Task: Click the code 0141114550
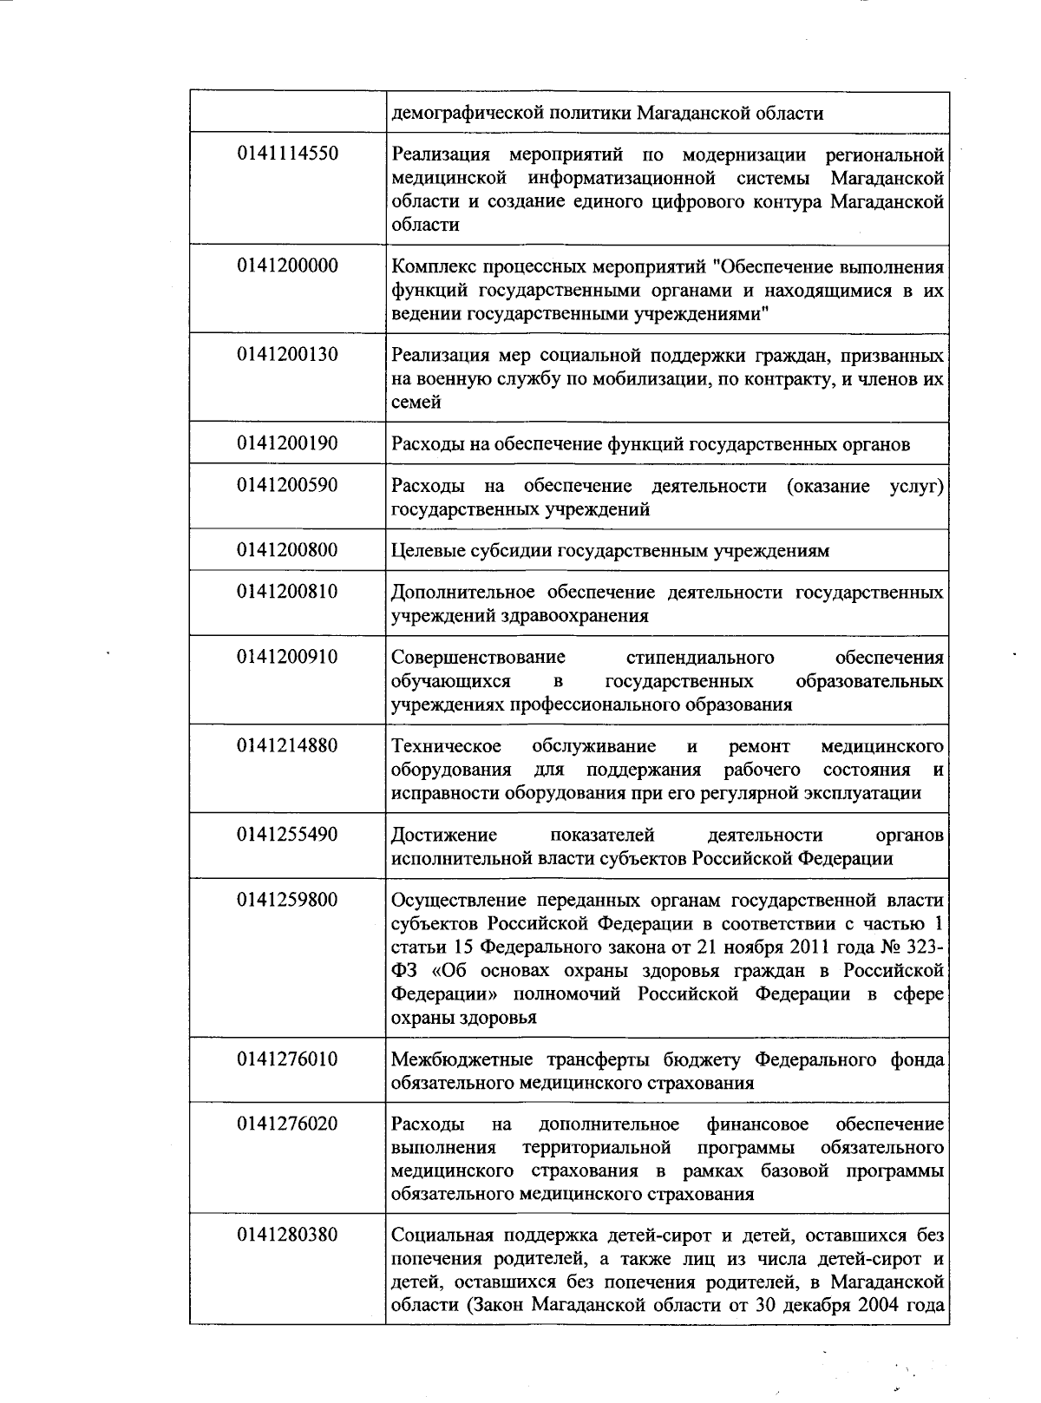pos(287,154)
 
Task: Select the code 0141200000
pos(287,266)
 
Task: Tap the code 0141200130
pos(287,355)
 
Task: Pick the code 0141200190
pos(287,443)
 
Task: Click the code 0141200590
pos(287,485)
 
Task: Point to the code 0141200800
pos(287,550)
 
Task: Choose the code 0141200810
pos(287,592)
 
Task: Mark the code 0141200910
pos(287,657)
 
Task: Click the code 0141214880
pos(287,746)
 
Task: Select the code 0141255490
pos(287,835)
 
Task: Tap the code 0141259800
pos(287,900)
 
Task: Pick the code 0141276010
pos(287,1059)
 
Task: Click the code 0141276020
pos(287,1124)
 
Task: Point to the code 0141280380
pos(287,1235)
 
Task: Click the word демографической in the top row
pos(462,114)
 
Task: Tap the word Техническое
pos(446,746)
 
